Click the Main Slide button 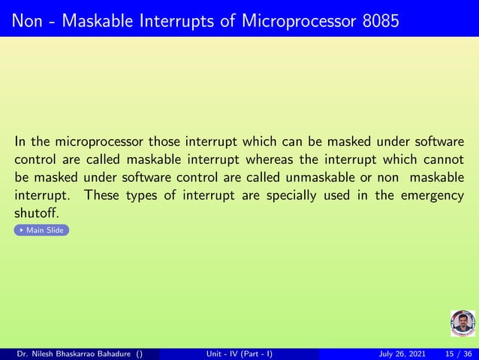42,230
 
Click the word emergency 433,195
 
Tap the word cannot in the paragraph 443,159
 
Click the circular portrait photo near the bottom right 462,323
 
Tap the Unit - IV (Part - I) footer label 239,354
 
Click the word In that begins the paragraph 20,141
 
